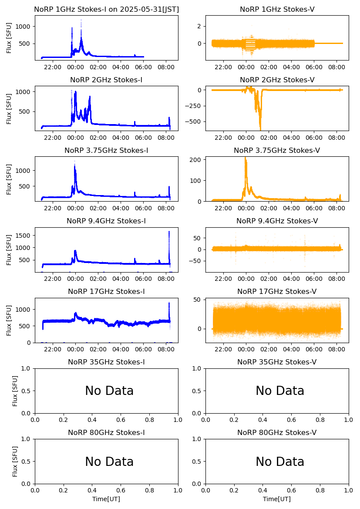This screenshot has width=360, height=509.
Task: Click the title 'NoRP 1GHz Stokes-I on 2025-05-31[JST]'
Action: pos(106,9)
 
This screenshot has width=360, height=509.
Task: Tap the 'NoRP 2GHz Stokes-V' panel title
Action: pos(277,80)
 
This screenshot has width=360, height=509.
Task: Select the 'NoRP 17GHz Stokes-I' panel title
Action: pos(106,291)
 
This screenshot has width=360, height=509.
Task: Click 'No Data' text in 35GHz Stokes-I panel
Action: pos(109,391)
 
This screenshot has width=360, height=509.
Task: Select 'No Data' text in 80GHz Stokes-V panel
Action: pos(280,462)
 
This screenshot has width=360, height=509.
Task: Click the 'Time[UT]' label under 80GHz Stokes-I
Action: pos(106,499)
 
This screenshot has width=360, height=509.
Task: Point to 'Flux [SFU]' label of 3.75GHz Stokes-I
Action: pos(9,179)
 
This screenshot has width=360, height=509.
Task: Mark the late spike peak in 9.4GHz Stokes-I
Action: pos(169,232)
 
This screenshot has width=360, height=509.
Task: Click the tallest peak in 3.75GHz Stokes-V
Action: pos(245,158)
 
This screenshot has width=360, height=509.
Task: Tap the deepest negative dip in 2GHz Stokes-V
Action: pos(260,129)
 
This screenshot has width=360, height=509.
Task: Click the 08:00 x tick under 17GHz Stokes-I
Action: pos(166,349)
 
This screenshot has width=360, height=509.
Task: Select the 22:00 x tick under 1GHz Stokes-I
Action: pos(53,67)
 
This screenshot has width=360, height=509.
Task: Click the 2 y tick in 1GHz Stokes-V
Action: pos(199,26)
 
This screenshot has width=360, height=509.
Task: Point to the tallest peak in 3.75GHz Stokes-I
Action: pos(74,162)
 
